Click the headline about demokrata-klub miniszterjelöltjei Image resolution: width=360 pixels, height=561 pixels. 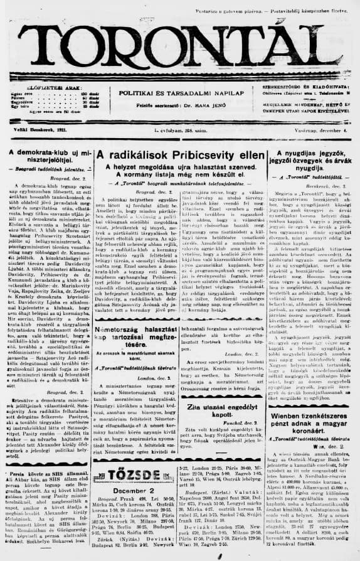pos(47,158)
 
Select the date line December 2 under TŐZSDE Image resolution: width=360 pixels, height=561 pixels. pos(131,491)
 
